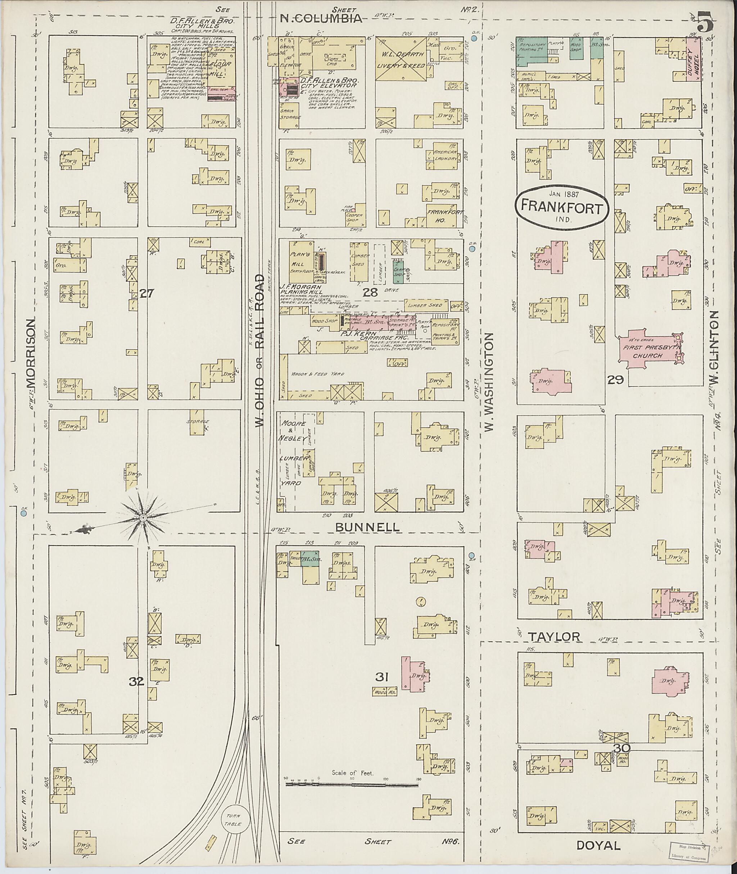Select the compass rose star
click(x=142, y=518)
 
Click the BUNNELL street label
click(x=367, y=527)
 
